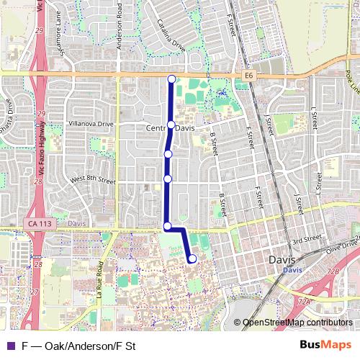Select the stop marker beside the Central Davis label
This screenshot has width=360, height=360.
[x=171, y=125]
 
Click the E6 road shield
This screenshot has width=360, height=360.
[x=248, y=74]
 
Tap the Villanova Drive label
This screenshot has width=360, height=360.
[x=91, y=124]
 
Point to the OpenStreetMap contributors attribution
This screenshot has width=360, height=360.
[x=297, y=323]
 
